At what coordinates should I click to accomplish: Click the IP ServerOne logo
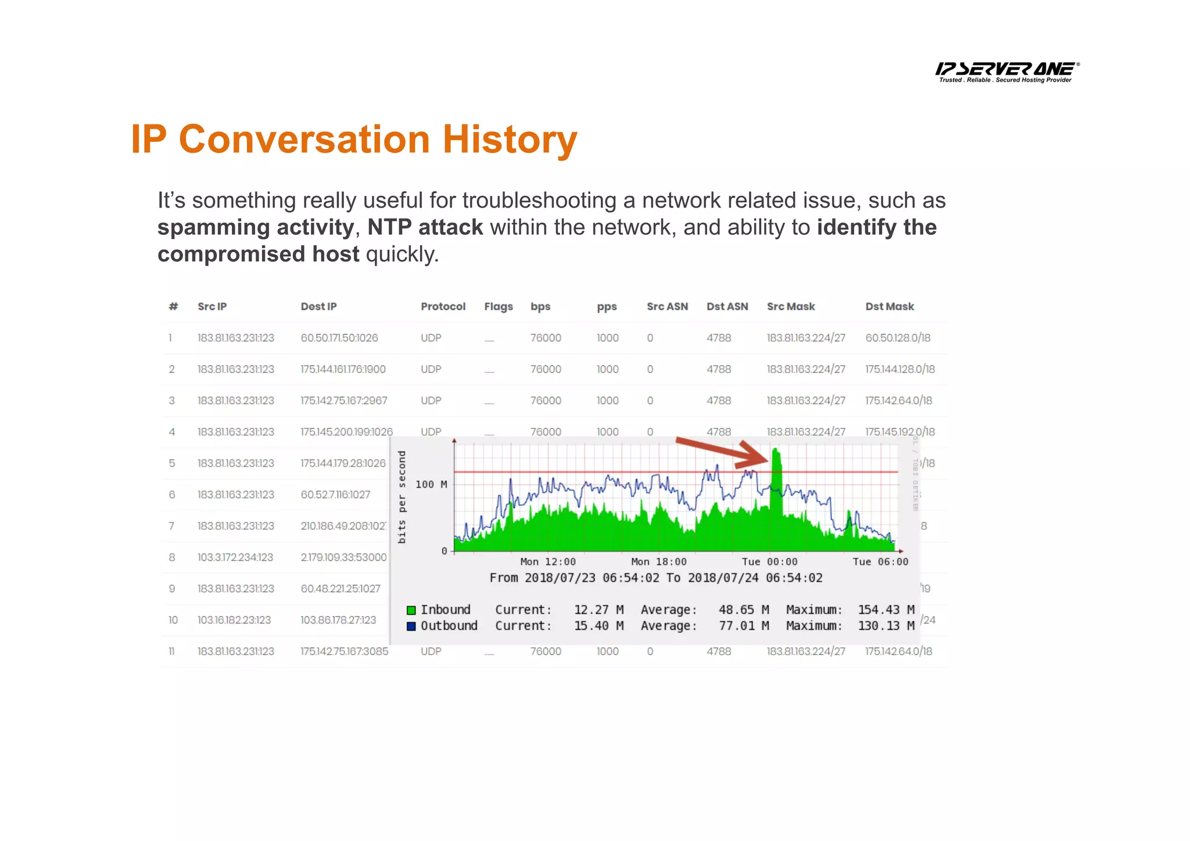(1007, 71)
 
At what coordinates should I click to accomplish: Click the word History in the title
(510, 139)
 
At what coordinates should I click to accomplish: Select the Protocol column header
(443, 306)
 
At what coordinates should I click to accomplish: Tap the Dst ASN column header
(727, 306)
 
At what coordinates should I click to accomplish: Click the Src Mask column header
(790, 306)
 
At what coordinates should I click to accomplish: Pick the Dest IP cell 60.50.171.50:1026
(339, 338)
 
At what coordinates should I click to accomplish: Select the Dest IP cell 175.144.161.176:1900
(343, 369)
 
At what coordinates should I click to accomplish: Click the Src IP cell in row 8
(235, 557)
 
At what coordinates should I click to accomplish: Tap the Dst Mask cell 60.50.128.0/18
(898, 338)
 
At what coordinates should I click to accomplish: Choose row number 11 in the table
(171, 652)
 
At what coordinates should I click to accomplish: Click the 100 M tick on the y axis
(431, 484)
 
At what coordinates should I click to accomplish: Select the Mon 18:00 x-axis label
(658, 561)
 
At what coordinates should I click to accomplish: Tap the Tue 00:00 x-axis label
(769, 561)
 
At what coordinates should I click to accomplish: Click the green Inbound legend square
(411, 610)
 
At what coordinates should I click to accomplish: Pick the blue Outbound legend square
(411, 626)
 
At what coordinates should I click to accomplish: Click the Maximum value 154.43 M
(886, 610)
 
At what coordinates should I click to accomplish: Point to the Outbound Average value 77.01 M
(743, 626)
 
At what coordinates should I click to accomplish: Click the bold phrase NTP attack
(425, 227)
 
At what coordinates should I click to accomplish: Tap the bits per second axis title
(402, 497)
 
